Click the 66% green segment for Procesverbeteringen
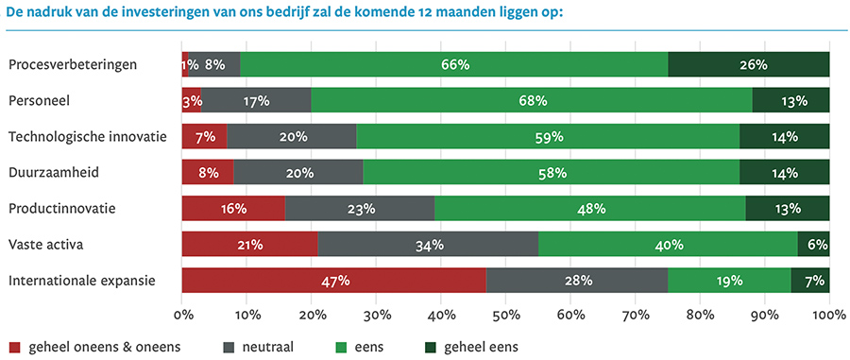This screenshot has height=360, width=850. tap(454, 64)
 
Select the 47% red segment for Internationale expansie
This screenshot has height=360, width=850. tap(334, 281)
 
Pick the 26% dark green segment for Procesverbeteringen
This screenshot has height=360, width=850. tap(749, 64)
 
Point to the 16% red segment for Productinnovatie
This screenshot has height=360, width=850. tap(233, 209)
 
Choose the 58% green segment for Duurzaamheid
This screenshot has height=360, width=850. tap(552, 173)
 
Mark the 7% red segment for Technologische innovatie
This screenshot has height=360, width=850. tap(205, 137)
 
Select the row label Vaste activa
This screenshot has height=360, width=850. tap(47, 245)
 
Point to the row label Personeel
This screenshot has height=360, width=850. tap(40, 99)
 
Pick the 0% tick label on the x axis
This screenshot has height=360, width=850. tap(182, 313)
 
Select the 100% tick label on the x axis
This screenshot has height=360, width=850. tap(828, 313)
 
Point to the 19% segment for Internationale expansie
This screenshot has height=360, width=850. tap(729, 281)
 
